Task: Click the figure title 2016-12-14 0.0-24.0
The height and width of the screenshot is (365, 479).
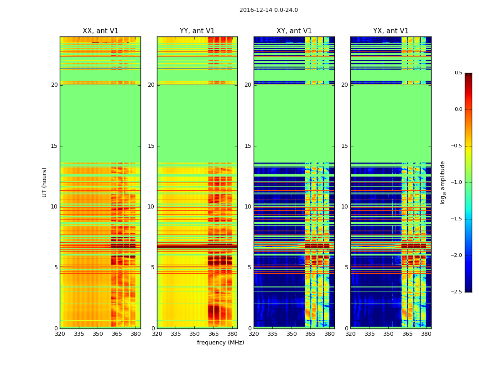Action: (x=268, y=10)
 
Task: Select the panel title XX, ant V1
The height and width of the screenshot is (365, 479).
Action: (x=100, y=31)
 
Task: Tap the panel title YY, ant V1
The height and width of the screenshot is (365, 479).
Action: (x=197, y=31)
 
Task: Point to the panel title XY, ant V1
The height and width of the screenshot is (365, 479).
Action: (x=294, y=31)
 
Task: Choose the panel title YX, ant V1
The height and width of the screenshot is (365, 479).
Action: (x=391, y=31)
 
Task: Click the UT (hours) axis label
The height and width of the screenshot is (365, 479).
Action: (x=45, y=182)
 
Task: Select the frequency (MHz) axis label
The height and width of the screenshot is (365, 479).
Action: (x=220, y=343)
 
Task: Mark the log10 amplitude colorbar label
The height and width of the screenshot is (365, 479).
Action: (x=443, y=182)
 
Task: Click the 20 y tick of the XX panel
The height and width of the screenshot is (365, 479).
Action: (x=54, y=85)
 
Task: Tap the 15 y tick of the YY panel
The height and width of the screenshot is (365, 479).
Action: (x=151, y=146)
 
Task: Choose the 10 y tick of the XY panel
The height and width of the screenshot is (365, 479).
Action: (x=248, y=207)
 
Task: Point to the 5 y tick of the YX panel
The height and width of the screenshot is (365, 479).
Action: (x=347, y=267)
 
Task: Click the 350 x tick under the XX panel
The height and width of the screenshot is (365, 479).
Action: (x=98, y=334)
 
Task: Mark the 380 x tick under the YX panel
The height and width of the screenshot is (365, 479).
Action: (x=426, y=334)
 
